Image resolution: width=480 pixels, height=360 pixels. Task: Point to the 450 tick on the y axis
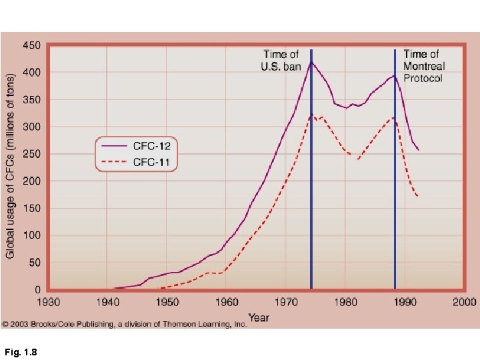(31, 45)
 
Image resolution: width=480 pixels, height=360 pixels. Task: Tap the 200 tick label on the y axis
(31, 181)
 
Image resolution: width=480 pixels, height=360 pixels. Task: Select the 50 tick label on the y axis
(34, 263)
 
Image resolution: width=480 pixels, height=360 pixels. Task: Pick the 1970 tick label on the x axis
(287, 302)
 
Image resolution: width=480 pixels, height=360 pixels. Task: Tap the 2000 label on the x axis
(465, 302)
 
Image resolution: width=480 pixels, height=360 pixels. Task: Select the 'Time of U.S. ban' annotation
(281, 60)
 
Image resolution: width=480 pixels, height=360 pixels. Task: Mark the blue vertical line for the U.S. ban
(311, 200)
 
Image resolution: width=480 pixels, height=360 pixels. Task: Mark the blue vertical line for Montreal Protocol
(395, 200)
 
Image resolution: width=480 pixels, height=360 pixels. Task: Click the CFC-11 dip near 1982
(358, 159)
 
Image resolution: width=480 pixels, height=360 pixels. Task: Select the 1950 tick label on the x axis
(167, 302)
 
